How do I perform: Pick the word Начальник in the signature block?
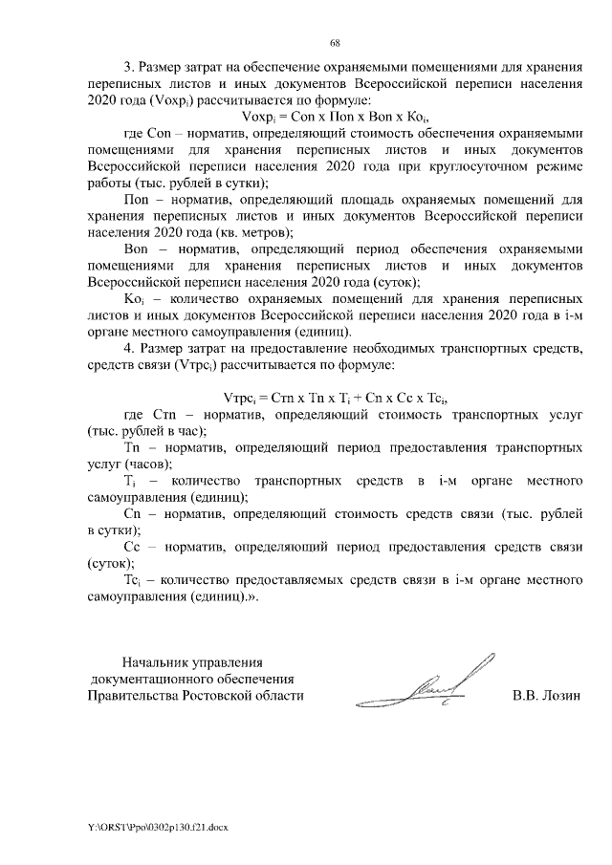point(158,660)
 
